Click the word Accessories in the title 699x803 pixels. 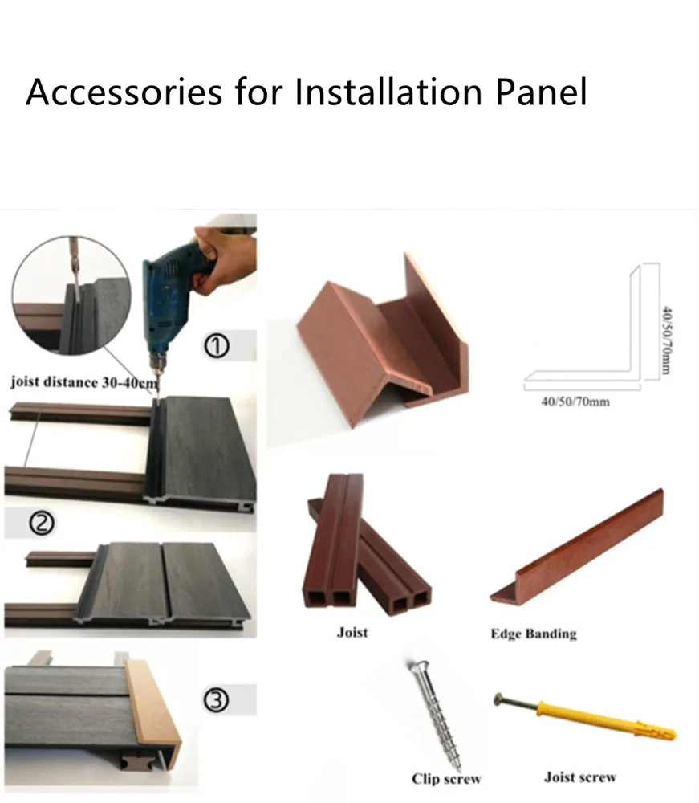[124, 92]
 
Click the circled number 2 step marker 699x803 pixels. [41, 524]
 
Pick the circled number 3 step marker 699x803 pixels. [218, 701]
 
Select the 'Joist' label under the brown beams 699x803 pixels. [352, 633]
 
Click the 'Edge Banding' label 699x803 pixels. [534, 634]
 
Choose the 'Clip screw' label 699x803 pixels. [446, 778]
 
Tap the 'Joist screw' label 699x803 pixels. [580, 777]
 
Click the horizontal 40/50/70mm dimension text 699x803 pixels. [575, 401]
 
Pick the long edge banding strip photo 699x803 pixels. [578, 546]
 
